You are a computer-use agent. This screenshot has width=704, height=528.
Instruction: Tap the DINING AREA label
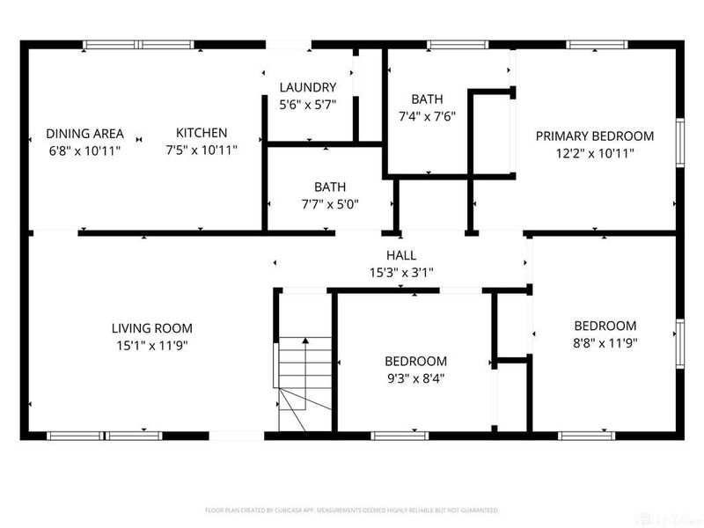84,134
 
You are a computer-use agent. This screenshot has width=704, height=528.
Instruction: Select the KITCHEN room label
201,133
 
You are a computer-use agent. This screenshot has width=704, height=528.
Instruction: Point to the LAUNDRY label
308,87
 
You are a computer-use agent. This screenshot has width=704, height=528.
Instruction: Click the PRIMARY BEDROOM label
595,136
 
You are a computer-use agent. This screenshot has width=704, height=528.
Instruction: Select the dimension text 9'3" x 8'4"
415,378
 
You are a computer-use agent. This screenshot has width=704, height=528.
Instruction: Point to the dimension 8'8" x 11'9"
605,342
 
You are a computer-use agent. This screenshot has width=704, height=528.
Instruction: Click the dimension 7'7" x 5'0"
330,203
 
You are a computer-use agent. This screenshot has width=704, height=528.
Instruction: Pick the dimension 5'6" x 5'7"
308,104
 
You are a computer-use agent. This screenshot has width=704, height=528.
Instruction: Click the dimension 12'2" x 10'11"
595,152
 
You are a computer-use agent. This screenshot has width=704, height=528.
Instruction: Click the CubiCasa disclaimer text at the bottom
352,510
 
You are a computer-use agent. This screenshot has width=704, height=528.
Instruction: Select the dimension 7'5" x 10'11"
201,150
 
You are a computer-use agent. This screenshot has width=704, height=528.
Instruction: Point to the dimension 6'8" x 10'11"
84,150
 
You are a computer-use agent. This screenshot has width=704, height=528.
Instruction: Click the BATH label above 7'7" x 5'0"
330,187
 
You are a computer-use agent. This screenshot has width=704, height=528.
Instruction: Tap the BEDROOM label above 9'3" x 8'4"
415,362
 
